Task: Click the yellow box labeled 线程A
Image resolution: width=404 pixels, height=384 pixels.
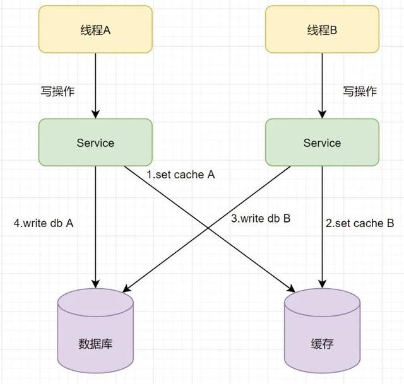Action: [95, 30]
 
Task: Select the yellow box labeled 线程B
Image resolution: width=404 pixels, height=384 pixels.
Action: [322, 30]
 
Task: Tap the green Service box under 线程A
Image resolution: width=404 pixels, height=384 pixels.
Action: [95, 143]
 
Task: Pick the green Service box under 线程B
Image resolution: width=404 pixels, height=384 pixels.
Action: [322, 143]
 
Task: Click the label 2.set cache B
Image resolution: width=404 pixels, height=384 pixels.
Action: [360, 223]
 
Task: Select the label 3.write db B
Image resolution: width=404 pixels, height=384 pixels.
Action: [260, 219]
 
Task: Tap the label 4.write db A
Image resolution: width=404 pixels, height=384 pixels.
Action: [44, 223]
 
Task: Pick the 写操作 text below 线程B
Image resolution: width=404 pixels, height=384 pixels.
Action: [360, 91]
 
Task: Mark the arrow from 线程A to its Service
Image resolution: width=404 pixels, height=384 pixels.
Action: [95, 85]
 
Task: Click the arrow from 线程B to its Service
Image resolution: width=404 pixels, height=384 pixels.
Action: [322, 85]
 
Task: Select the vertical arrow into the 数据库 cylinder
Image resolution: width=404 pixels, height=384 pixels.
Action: [95, 227]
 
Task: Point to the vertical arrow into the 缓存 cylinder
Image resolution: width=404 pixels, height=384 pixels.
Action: [322, 227]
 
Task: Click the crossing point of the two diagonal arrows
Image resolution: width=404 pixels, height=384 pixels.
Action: [209, 225]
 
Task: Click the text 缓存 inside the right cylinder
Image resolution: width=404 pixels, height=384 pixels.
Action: [322, 345]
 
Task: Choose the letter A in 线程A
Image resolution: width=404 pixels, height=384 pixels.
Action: [107, 30]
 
